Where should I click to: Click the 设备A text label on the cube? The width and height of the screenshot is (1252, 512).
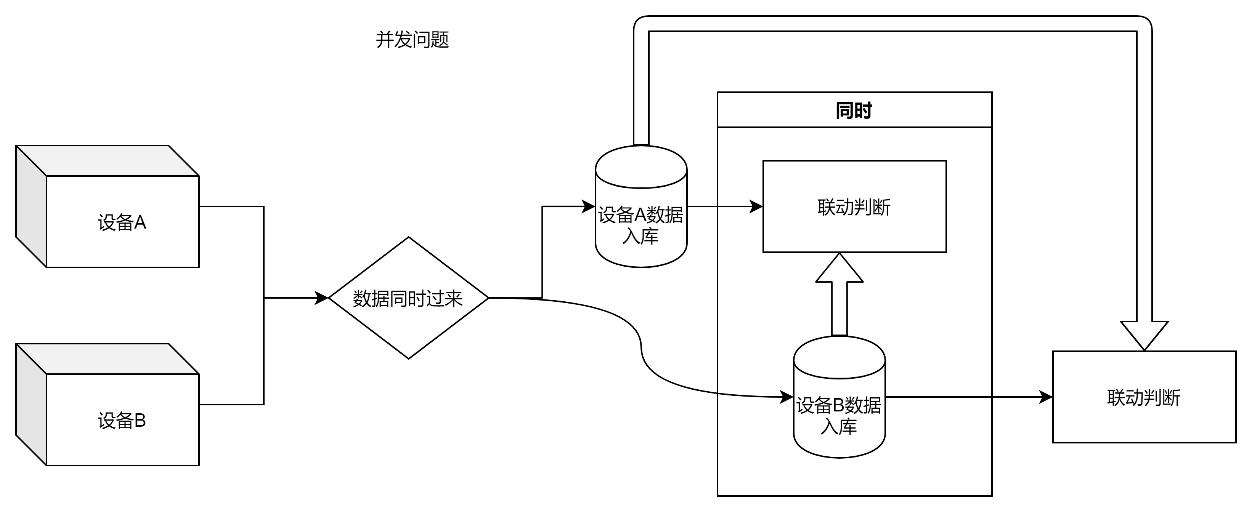click(122, 222)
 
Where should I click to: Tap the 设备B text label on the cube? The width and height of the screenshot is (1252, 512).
click(122, 421)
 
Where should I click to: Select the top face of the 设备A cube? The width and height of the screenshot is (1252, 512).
click(107, 161)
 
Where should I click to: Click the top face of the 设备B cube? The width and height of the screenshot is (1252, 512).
click(107, 359)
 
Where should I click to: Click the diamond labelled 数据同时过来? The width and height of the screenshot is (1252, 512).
click(408, 298)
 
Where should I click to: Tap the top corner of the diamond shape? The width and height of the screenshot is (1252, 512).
click(409, 239)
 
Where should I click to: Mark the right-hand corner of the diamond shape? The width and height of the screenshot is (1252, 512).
click(486, 298)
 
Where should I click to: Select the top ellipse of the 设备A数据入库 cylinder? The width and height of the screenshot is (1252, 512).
click(641, 168)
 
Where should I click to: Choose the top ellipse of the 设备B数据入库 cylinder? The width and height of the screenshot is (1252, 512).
click(839, 358)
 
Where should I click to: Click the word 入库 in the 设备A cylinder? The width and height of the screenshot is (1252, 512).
click(640, 237)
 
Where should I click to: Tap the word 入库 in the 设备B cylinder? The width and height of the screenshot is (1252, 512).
click(839, 427)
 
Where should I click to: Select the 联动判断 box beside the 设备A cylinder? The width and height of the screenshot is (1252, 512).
click(854, 206)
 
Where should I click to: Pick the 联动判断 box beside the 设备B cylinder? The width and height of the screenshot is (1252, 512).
click(1144, 397)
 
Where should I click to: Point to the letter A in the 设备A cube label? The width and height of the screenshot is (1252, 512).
click(140, 222)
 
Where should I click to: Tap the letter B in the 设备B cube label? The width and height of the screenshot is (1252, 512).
click(140, 421)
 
